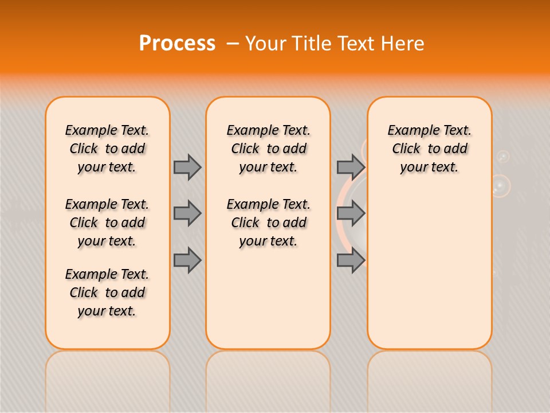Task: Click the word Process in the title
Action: (177, 44)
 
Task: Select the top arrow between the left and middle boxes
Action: (187, 167)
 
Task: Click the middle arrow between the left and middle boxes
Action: (187, 213)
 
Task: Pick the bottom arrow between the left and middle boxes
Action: (187, 260)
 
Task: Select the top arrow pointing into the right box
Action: (351, 167)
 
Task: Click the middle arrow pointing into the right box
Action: (351, 213)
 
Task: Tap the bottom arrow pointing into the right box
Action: (351, 260)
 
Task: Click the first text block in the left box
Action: (107, 149)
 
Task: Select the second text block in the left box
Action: (107, 223)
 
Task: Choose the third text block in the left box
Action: (107, 293)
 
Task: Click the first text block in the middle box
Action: (268, 149)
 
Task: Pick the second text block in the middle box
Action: (268, 223)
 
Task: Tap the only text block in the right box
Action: (429, 149)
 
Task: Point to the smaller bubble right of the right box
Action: (502, 156)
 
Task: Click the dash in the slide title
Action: (233, 44)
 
